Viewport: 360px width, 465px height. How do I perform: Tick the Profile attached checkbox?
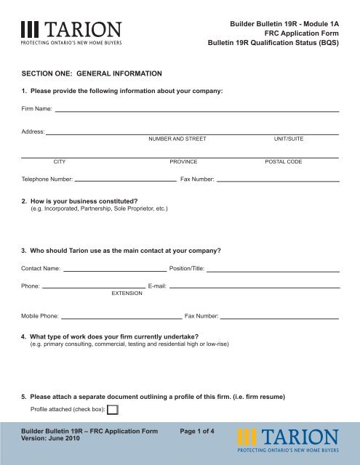pyautogui.click(x=113, y=410)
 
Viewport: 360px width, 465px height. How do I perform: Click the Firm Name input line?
pyautogui.click(x=196, y=110)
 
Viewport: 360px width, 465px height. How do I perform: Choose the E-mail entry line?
pyautogui.click(x=255, y=288)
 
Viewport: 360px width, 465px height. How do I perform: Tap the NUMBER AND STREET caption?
pyautogui.click(x=177, y=138)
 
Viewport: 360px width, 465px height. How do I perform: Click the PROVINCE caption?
pyautogui.click(x=183, y=162)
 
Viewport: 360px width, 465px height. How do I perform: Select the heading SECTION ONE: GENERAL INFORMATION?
pyautogui.click(x=91, y=73)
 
